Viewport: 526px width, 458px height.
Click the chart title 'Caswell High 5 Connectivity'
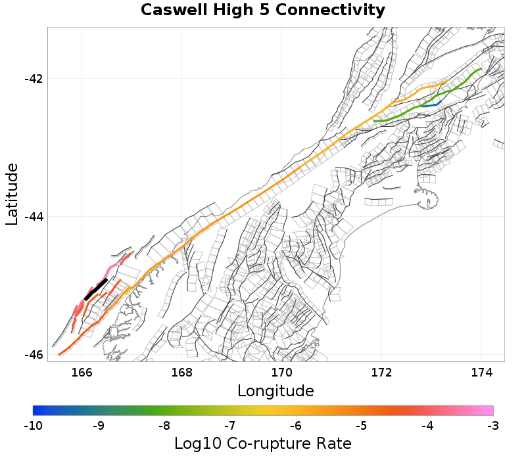262,11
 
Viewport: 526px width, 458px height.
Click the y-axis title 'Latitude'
12,195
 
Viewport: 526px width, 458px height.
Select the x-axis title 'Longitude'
275,391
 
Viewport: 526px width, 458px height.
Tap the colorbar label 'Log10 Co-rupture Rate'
263,444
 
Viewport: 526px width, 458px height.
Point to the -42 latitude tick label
34,79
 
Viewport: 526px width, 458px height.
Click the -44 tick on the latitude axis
34,217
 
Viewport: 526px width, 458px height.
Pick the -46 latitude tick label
34,355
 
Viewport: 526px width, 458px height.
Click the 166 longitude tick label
82,372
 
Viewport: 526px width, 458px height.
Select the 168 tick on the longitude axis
181,372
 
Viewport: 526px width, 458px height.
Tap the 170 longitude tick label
281,372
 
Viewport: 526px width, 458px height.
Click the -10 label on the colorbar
33,425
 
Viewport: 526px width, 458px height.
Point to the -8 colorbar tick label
164,425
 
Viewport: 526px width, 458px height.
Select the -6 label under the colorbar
296,425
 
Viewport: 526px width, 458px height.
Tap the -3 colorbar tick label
492,425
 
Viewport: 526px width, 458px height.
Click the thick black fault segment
96,289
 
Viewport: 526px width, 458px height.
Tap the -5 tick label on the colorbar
362,425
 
